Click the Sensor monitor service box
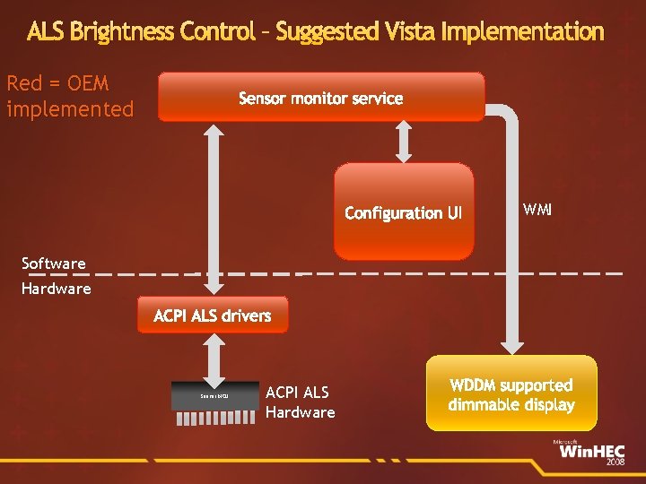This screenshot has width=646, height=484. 321,97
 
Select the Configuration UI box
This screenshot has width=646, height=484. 404,212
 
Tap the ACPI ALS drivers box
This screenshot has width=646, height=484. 213,315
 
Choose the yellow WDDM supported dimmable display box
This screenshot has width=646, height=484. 511,393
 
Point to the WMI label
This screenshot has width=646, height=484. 537,210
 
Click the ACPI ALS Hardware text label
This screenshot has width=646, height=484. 300,402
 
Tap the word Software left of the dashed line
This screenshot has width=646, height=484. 54,264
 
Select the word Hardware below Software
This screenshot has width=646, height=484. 57,289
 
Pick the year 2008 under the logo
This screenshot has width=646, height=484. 615,463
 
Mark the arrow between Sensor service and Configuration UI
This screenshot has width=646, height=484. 403,141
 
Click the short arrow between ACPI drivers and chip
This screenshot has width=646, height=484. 213,359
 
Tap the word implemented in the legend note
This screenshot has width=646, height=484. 70,109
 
